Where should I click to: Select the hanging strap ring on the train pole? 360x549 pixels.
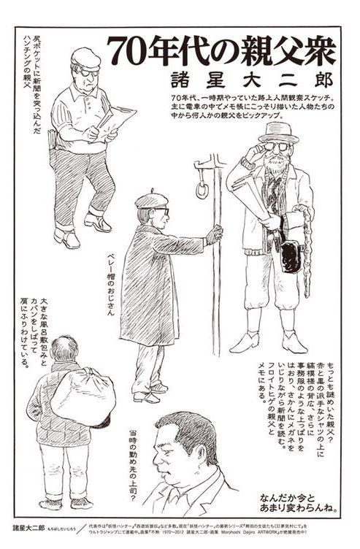[x=202, y=188]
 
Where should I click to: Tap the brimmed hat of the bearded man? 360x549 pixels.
[x=278, y=131]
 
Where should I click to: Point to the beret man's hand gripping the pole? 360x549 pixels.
[x=213, y=234]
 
